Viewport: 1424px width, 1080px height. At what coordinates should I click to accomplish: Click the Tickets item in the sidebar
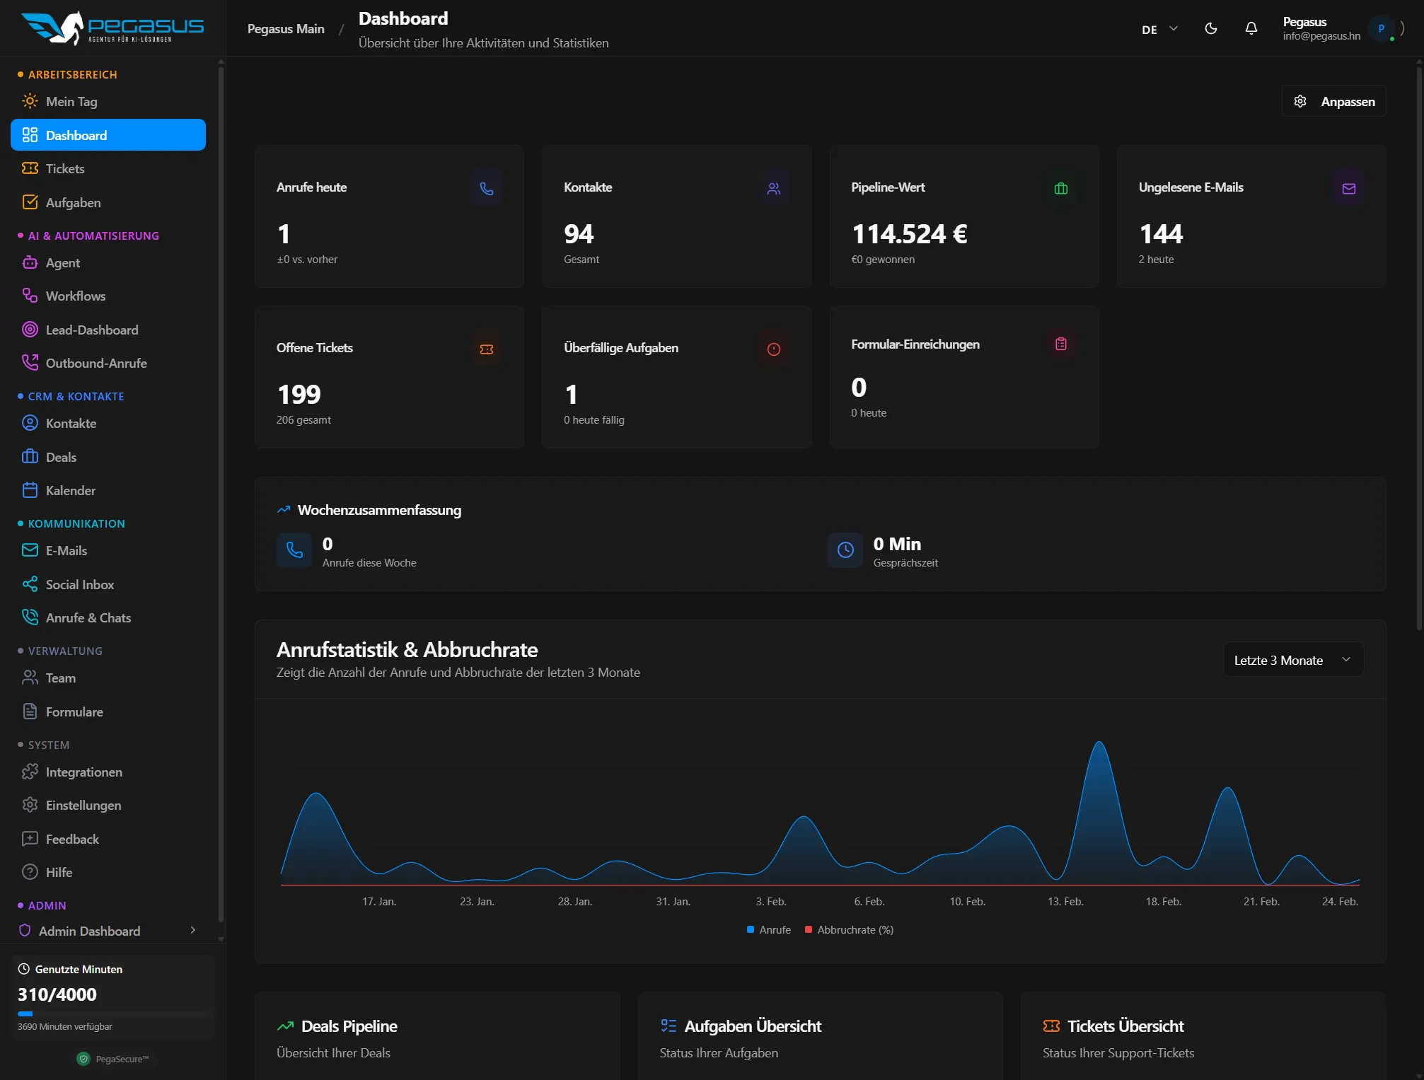point(64,169)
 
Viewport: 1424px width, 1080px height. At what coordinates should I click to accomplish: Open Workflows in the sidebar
point(75,296)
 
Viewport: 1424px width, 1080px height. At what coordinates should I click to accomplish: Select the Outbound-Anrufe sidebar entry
point(95,364)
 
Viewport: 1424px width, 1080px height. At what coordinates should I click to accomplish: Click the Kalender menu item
point(70,491)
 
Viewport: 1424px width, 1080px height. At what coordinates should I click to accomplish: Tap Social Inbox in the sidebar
point(79,585)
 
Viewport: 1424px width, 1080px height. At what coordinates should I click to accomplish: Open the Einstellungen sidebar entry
point(83,806)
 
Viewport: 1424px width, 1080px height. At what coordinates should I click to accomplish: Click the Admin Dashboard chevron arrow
point(192,931)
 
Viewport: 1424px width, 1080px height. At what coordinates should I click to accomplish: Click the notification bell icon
point(1251,29)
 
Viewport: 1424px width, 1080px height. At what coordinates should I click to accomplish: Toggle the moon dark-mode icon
point(1211,29)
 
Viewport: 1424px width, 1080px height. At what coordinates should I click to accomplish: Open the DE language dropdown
point(1159,30)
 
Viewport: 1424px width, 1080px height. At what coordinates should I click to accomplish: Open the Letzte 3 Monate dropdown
point(1292,661)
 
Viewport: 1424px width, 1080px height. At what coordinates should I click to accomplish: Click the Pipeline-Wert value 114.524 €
point(909,234)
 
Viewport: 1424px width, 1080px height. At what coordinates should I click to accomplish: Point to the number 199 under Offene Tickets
point(299,395)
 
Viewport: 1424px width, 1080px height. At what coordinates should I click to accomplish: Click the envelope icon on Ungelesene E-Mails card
point(1348,189)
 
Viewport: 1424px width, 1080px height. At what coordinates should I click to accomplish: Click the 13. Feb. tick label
point(1065,902)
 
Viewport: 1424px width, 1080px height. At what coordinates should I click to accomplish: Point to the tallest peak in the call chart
point(1099,743)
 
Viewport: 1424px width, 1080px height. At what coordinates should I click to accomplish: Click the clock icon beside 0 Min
point(845,550)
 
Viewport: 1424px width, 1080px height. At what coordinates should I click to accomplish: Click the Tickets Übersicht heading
point(1125,1026)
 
